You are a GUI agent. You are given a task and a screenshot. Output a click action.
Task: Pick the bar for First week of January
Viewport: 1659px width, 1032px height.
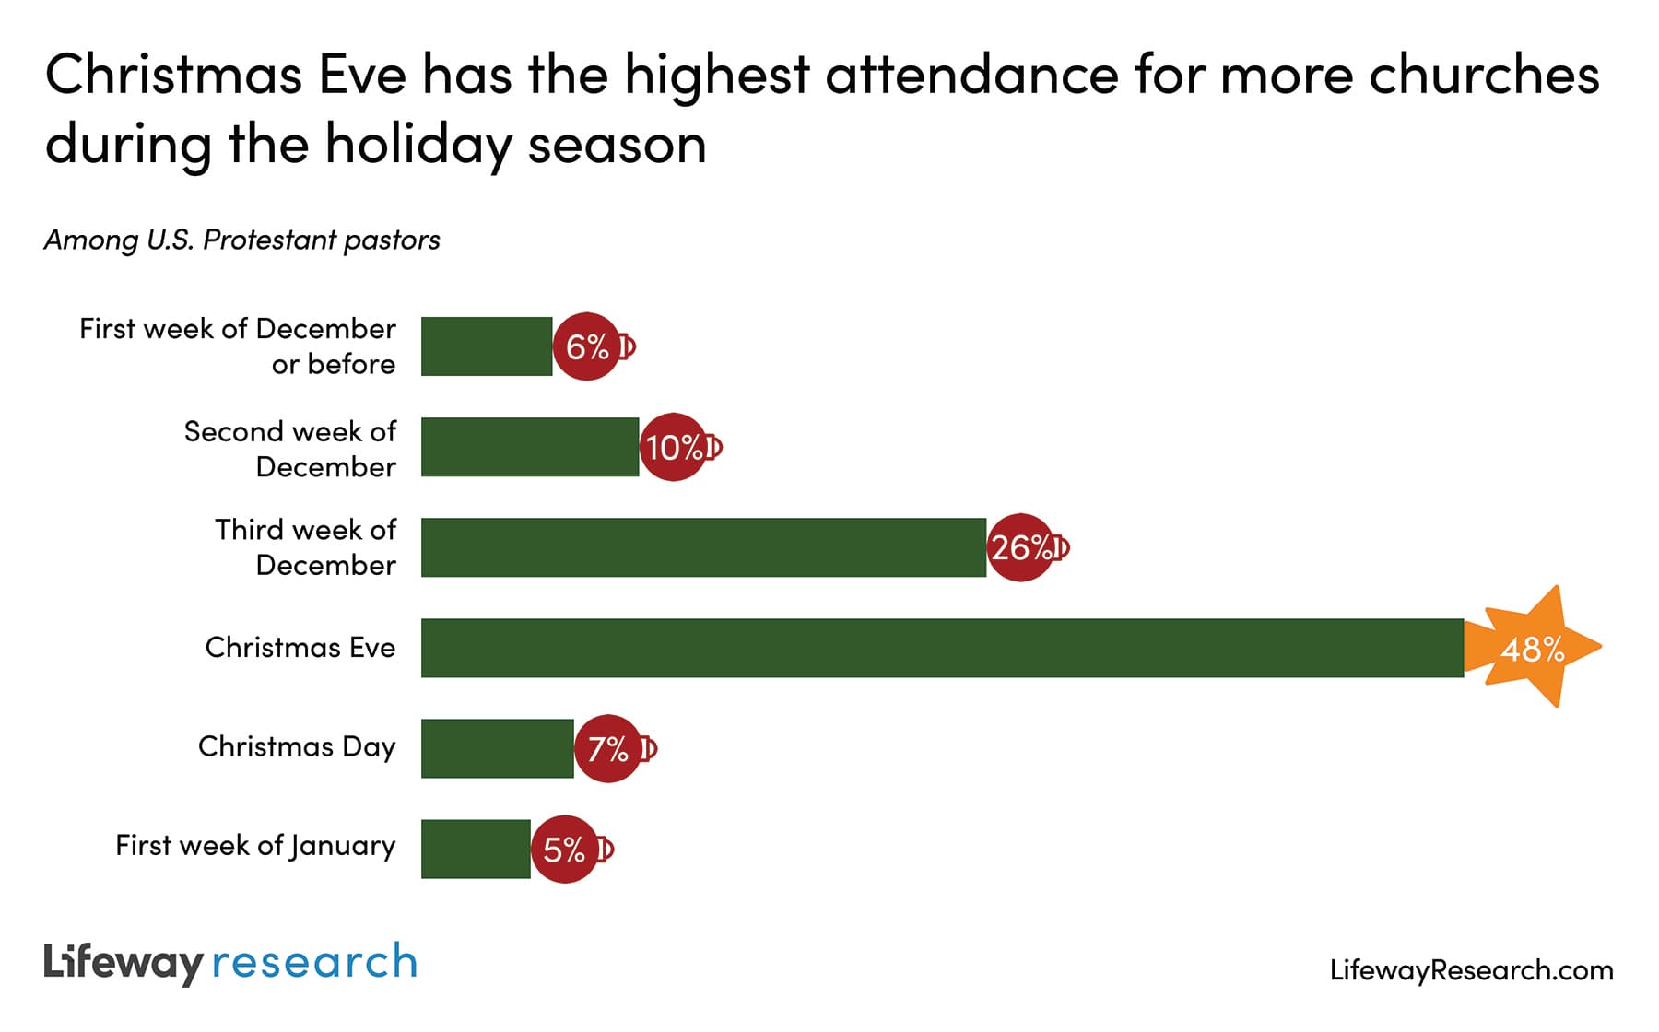476,849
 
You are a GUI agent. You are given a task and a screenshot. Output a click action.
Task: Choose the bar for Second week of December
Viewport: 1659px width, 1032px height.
530,447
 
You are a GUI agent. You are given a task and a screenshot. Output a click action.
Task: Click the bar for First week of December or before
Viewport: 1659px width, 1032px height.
487,346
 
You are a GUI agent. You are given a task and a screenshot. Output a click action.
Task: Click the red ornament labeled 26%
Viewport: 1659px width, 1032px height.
1021,547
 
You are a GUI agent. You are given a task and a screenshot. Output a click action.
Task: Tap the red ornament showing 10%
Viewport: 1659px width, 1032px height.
674,447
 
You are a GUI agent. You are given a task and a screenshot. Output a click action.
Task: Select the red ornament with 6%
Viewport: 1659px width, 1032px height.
587,346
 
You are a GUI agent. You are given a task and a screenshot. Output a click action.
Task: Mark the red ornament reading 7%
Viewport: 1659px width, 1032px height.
608,748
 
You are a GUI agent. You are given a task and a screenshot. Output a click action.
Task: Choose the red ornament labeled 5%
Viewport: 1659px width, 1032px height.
565,849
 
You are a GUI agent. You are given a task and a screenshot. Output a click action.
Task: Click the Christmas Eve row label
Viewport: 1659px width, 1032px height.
300,648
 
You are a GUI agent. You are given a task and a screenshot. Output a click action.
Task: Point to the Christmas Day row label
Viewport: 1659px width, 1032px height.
296,746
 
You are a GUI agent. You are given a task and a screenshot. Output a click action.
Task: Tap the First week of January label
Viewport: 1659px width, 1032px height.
255,845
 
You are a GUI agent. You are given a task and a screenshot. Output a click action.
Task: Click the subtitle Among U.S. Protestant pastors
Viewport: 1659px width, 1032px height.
242,240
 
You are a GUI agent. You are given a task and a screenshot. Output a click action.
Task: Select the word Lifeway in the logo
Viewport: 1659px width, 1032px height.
123,963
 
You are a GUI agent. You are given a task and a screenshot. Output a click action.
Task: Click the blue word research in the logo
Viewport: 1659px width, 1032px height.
314,962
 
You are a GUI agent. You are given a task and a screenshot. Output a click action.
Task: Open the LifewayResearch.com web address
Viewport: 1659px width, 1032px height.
1471,970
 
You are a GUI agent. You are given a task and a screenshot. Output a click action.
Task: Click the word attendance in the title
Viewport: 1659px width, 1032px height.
971,76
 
